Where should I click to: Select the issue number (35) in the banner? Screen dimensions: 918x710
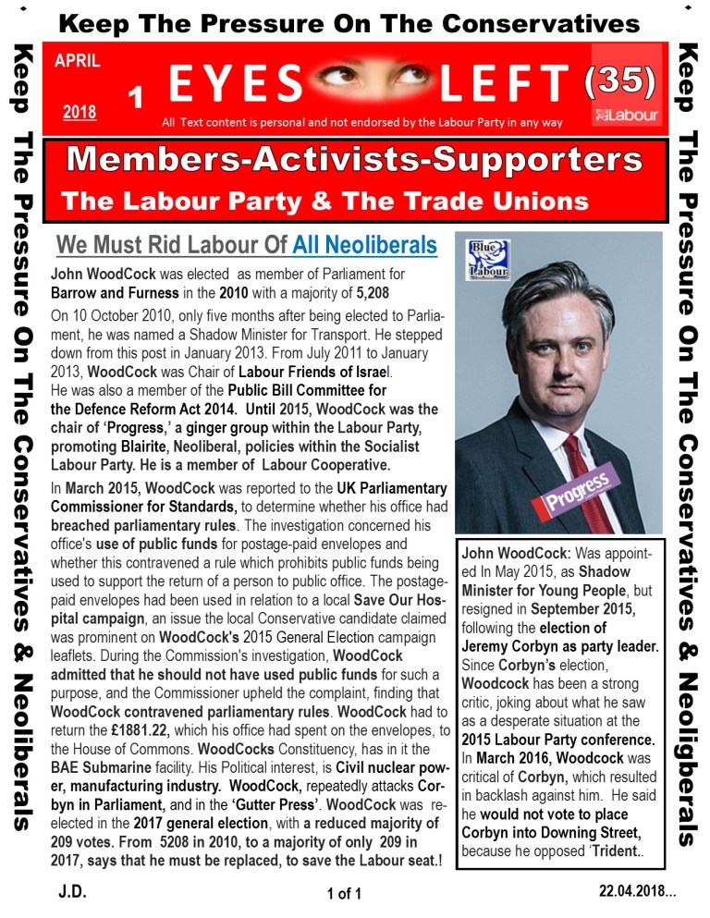tap(619, 84)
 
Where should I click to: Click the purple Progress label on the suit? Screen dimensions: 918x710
tap(579, 489)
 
